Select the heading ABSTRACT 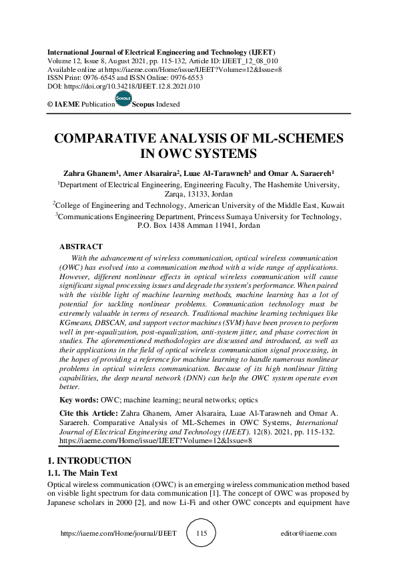point(81,247)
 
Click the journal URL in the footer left point(119,534)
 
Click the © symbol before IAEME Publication point(51,104)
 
